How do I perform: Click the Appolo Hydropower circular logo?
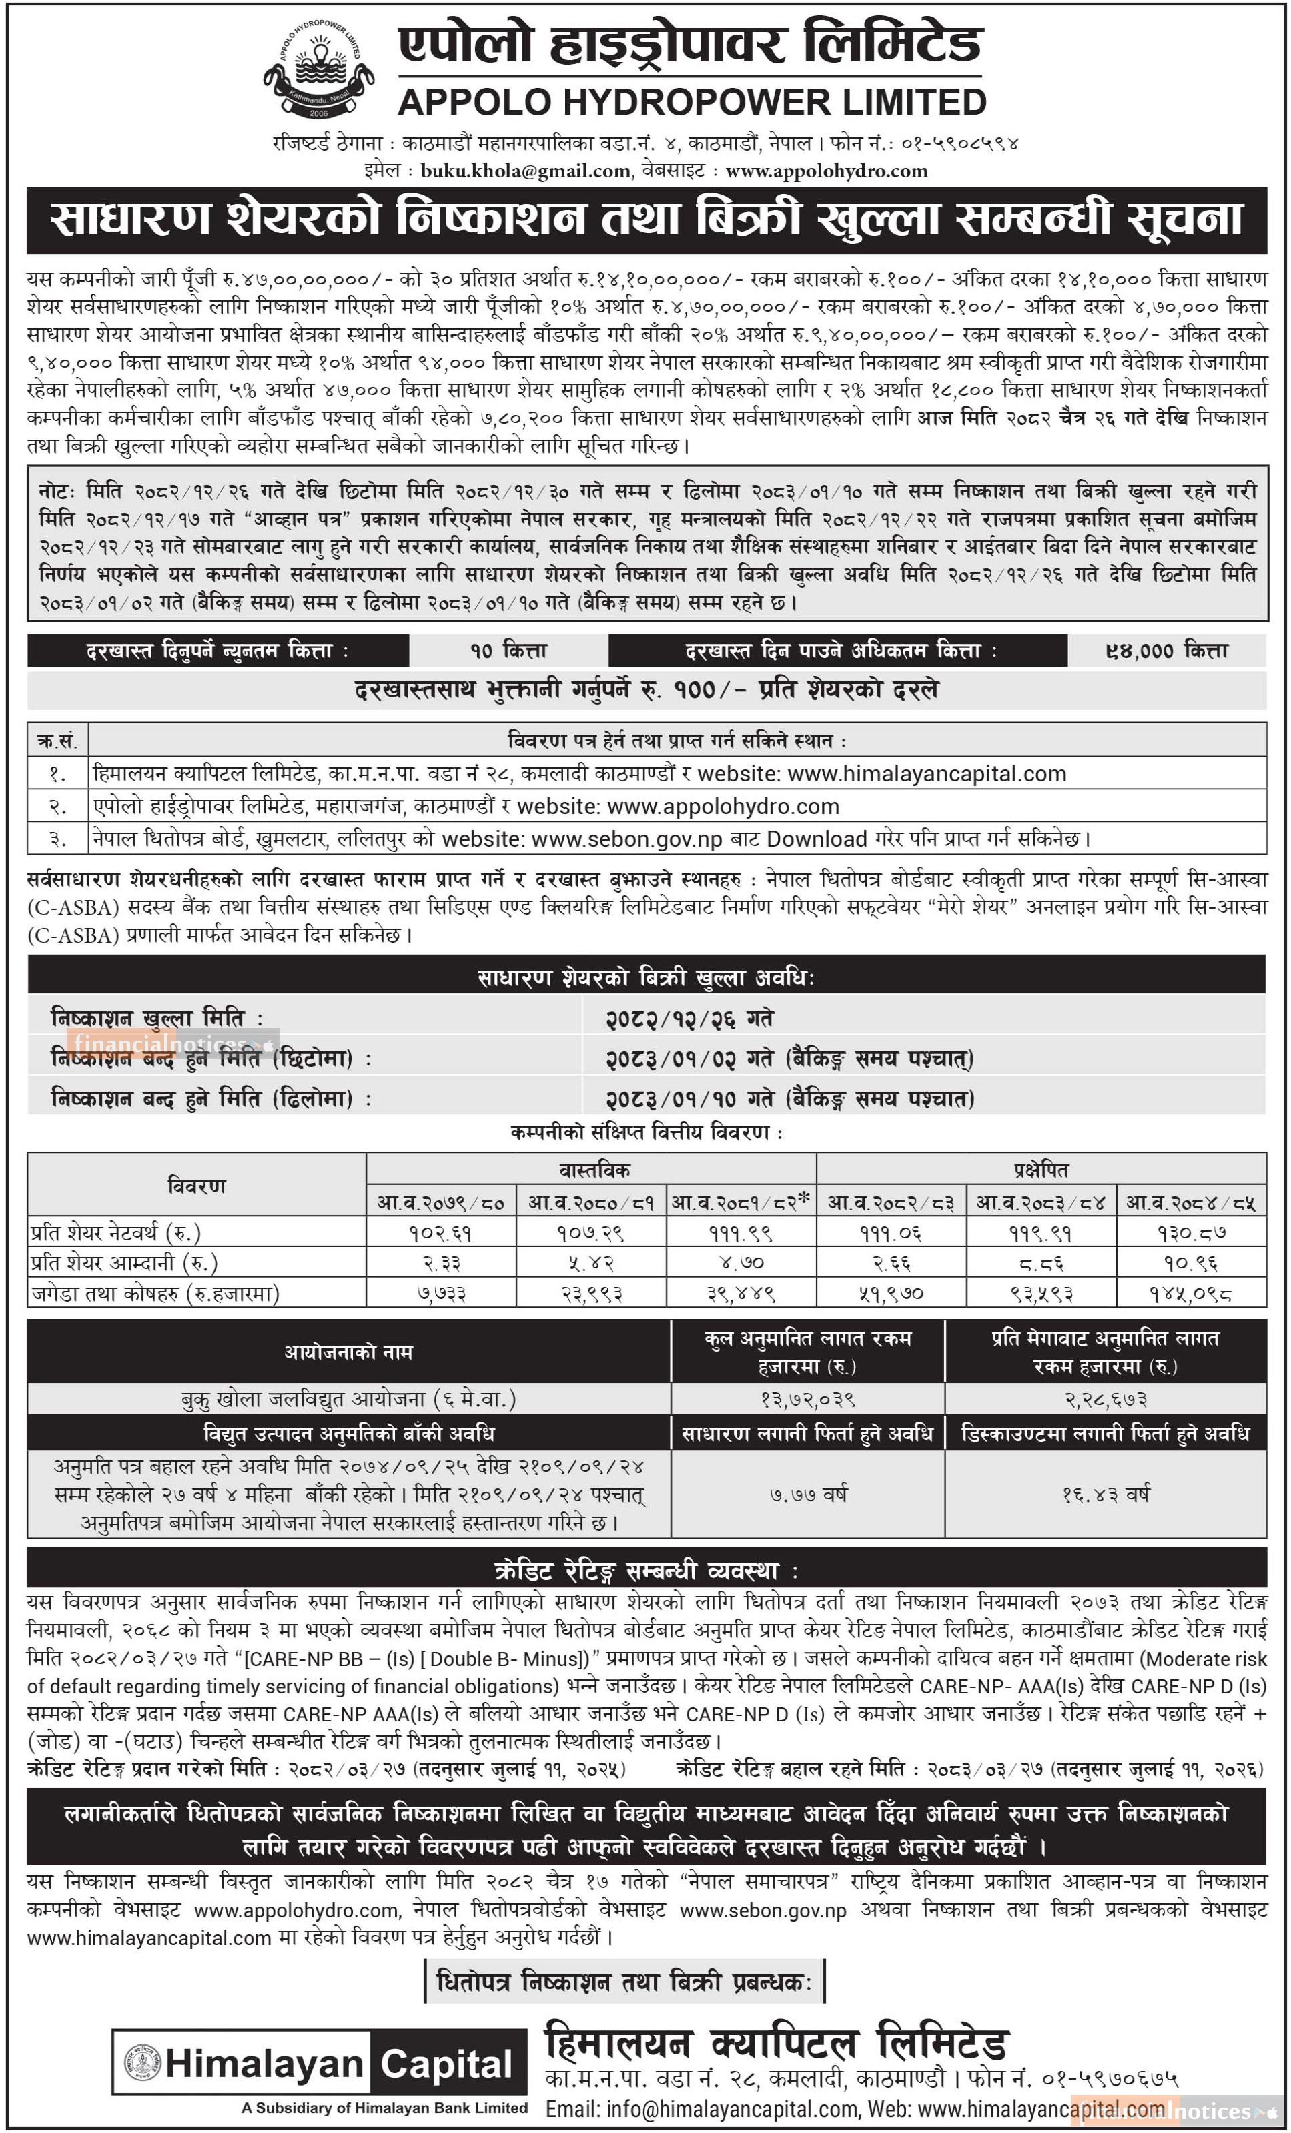click(318, 69)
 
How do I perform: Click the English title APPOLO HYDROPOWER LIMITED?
click(692, 103)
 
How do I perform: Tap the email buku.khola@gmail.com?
click(526, 171)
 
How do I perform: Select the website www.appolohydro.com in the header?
click(826, 171)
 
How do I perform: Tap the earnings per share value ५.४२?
click(591, 1262)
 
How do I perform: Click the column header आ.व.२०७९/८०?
click(442, 1202)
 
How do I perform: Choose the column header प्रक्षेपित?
click(1041, 1170)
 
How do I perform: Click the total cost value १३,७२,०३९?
click(808, 1399)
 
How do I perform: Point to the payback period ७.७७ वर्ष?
click(808, 1494)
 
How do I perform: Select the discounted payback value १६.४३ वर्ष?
click(1106, 1494)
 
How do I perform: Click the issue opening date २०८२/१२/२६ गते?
click(689, 1019)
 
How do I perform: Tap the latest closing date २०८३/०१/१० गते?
click(689, 1099)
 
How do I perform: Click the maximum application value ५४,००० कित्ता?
click(1166, 650)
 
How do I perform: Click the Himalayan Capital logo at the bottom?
click(320, 2064)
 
